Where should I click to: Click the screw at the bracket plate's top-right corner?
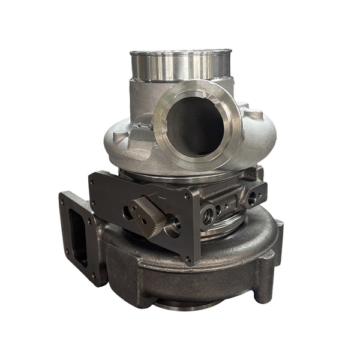coord(187,195)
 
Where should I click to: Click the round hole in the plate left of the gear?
coord(127,211)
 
